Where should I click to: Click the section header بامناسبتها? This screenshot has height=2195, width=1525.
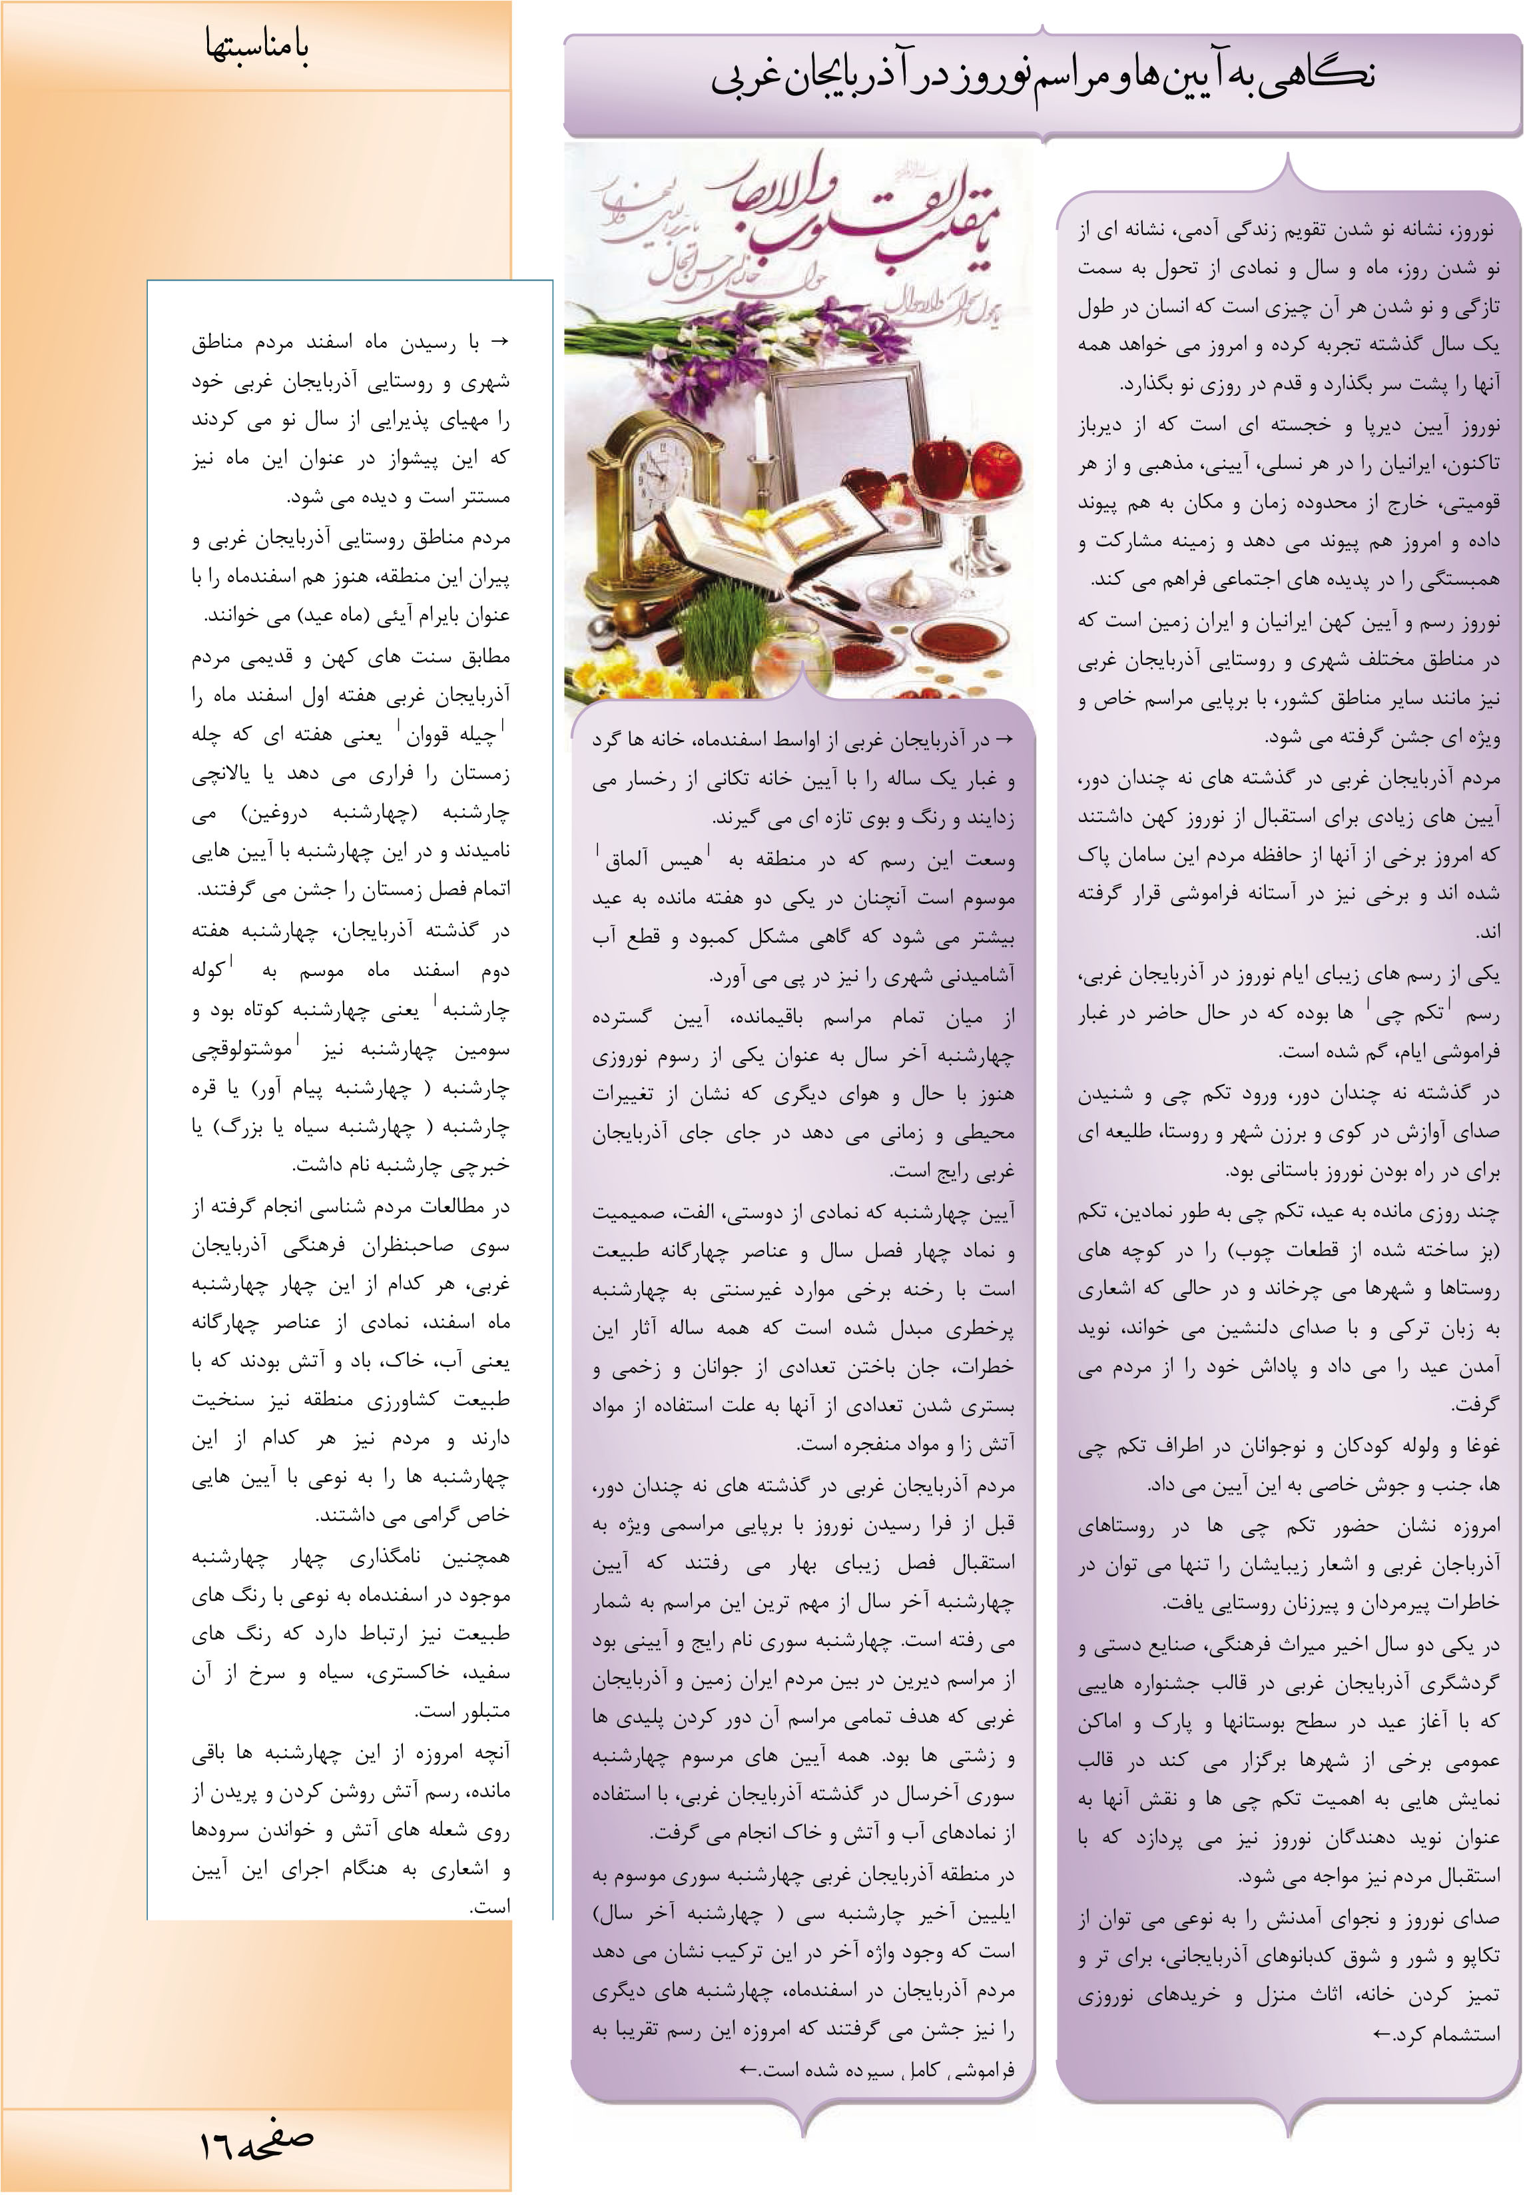[256, 47]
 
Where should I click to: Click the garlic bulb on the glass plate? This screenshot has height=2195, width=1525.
[904, 588]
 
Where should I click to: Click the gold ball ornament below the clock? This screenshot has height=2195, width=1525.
[628, 613]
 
